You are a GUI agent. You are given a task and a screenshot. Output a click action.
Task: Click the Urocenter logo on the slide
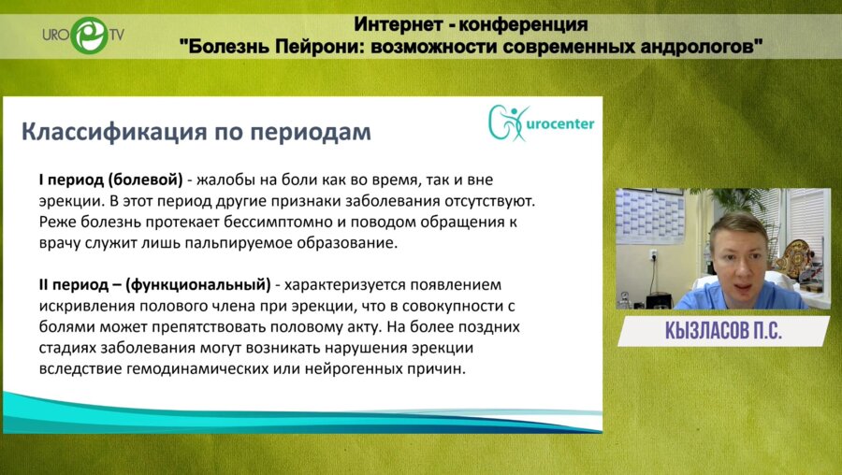pos(542,123)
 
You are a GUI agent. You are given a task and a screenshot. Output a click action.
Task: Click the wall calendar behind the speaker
pos(650,216)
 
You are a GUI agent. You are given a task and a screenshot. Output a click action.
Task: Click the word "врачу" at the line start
pos(59,243)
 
